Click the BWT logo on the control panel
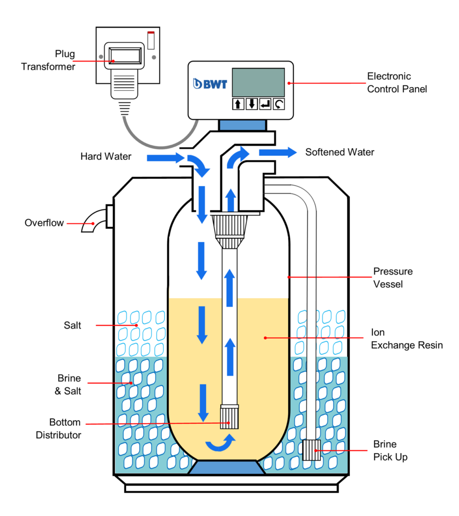[x=211, y=84]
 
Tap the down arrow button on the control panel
[x=252, y=104]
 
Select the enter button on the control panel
[x=266, y=104]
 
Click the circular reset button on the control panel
[x=279, y=104]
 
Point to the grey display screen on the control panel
[x=258, y=82]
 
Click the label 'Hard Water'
[x=106, y=157]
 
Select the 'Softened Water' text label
[x=340, y=152]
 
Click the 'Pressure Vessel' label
[x=392, y=278]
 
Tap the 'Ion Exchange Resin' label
[x=407, y=339]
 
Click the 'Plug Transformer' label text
[x=48, y=60]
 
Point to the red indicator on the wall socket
[x=150, y=33]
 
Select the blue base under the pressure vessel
[x=226, y=467]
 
